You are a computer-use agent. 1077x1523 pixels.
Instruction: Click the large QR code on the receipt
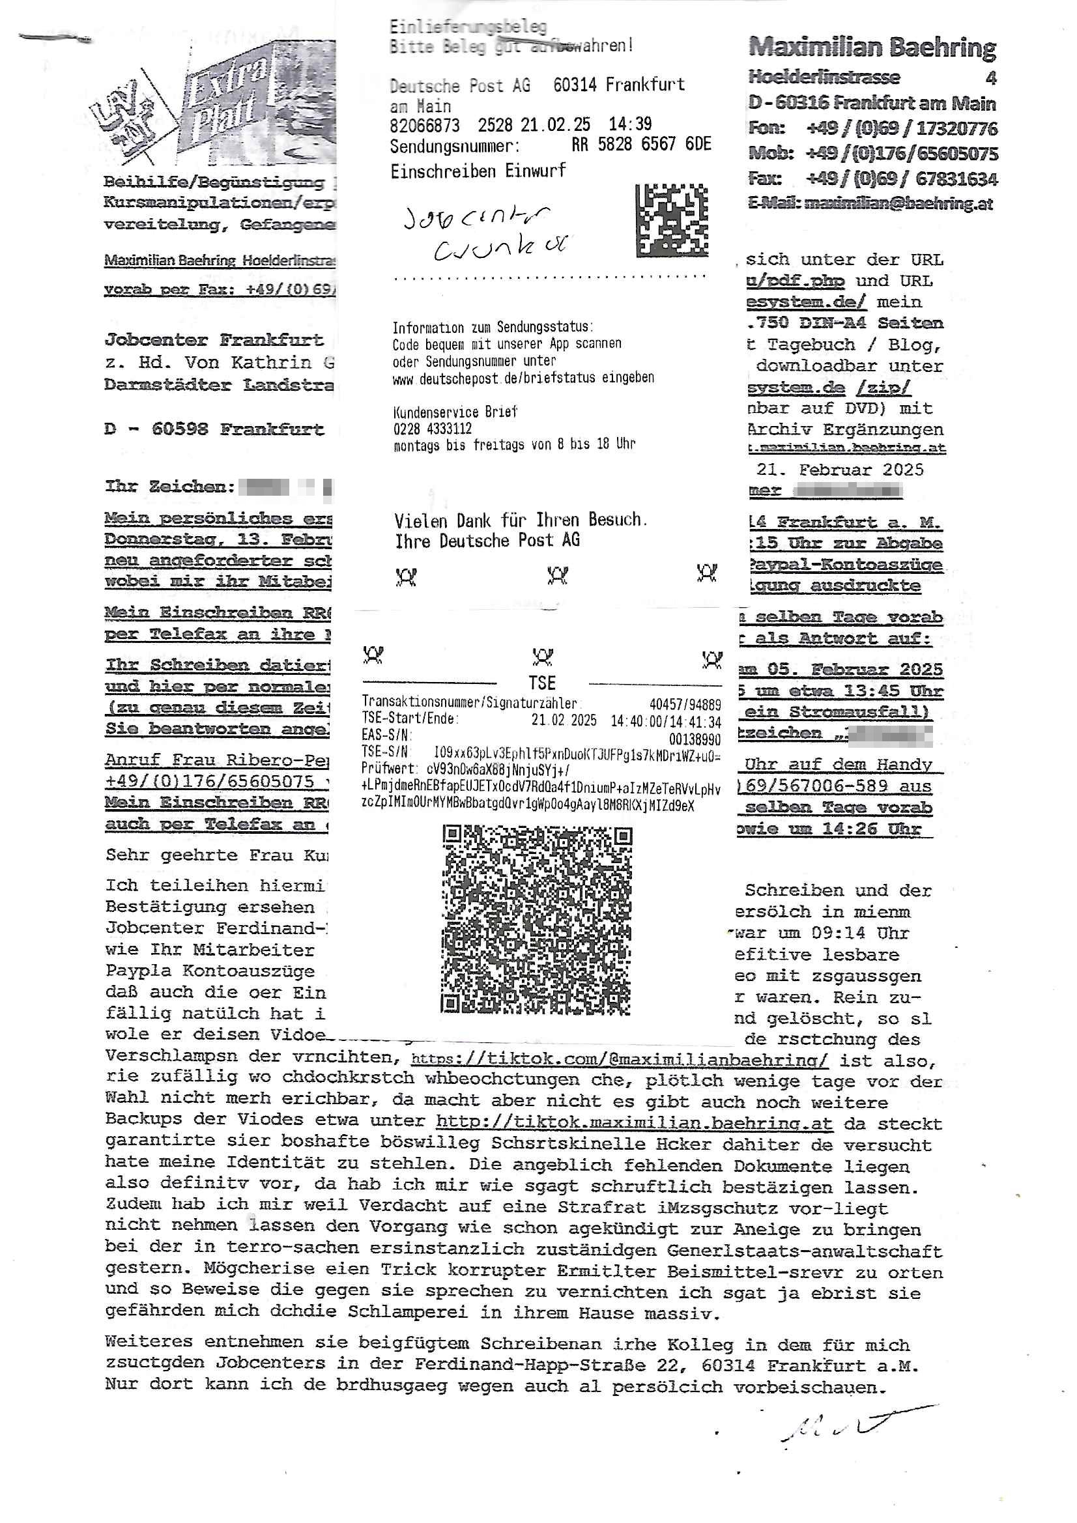tap(537, 920)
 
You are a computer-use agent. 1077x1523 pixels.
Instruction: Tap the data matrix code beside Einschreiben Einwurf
tap(672, 221)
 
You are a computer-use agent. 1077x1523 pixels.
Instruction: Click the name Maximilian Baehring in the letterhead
tap(872, 48)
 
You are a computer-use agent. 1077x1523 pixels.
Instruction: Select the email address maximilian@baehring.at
tap(898, 204)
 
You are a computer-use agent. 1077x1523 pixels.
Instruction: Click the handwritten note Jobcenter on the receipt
tap(476, 220)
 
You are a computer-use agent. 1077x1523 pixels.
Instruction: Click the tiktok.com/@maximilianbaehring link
tap(619, 1060)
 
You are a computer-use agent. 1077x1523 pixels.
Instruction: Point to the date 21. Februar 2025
tap(839, 470)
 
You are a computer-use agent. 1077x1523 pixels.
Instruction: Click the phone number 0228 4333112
tap(432, 429)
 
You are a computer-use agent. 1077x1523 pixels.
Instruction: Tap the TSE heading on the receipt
tap(541, 683)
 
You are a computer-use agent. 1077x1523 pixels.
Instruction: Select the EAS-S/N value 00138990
tap(695, 739)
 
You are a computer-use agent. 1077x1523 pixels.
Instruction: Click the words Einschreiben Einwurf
tap(478, 171)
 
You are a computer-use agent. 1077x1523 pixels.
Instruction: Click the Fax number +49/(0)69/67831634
tap(902, 179)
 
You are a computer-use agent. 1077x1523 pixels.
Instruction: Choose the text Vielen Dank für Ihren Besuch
tap(520, 519)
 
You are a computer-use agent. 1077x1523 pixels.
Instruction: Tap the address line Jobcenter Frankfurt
tap(214, 340)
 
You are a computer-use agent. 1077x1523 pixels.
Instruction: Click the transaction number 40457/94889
tap(685, 704)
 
